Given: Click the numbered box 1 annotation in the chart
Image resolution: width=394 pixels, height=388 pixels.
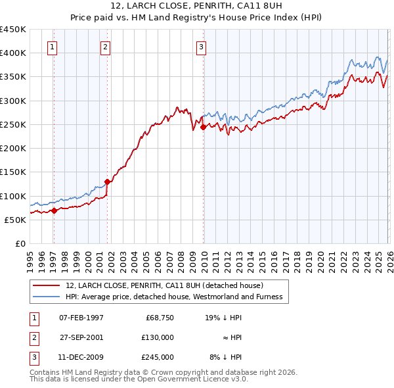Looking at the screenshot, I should click(x=52, y=47).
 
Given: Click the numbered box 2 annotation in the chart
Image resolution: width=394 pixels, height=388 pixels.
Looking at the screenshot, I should click(x=105, y=47).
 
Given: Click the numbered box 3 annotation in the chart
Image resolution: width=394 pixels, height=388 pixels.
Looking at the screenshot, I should click(x=200, y=47).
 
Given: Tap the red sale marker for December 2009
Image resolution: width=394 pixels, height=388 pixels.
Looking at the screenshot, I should click(x=204, y=127).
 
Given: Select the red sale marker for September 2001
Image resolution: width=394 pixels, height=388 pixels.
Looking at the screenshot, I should click(x=108, y=182).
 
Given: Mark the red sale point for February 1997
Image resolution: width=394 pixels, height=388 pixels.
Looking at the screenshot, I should click(x=54, y=210).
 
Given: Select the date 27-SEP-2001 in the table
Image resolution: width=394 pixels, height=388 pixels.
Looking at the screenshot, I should click(x=81, y=337).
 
